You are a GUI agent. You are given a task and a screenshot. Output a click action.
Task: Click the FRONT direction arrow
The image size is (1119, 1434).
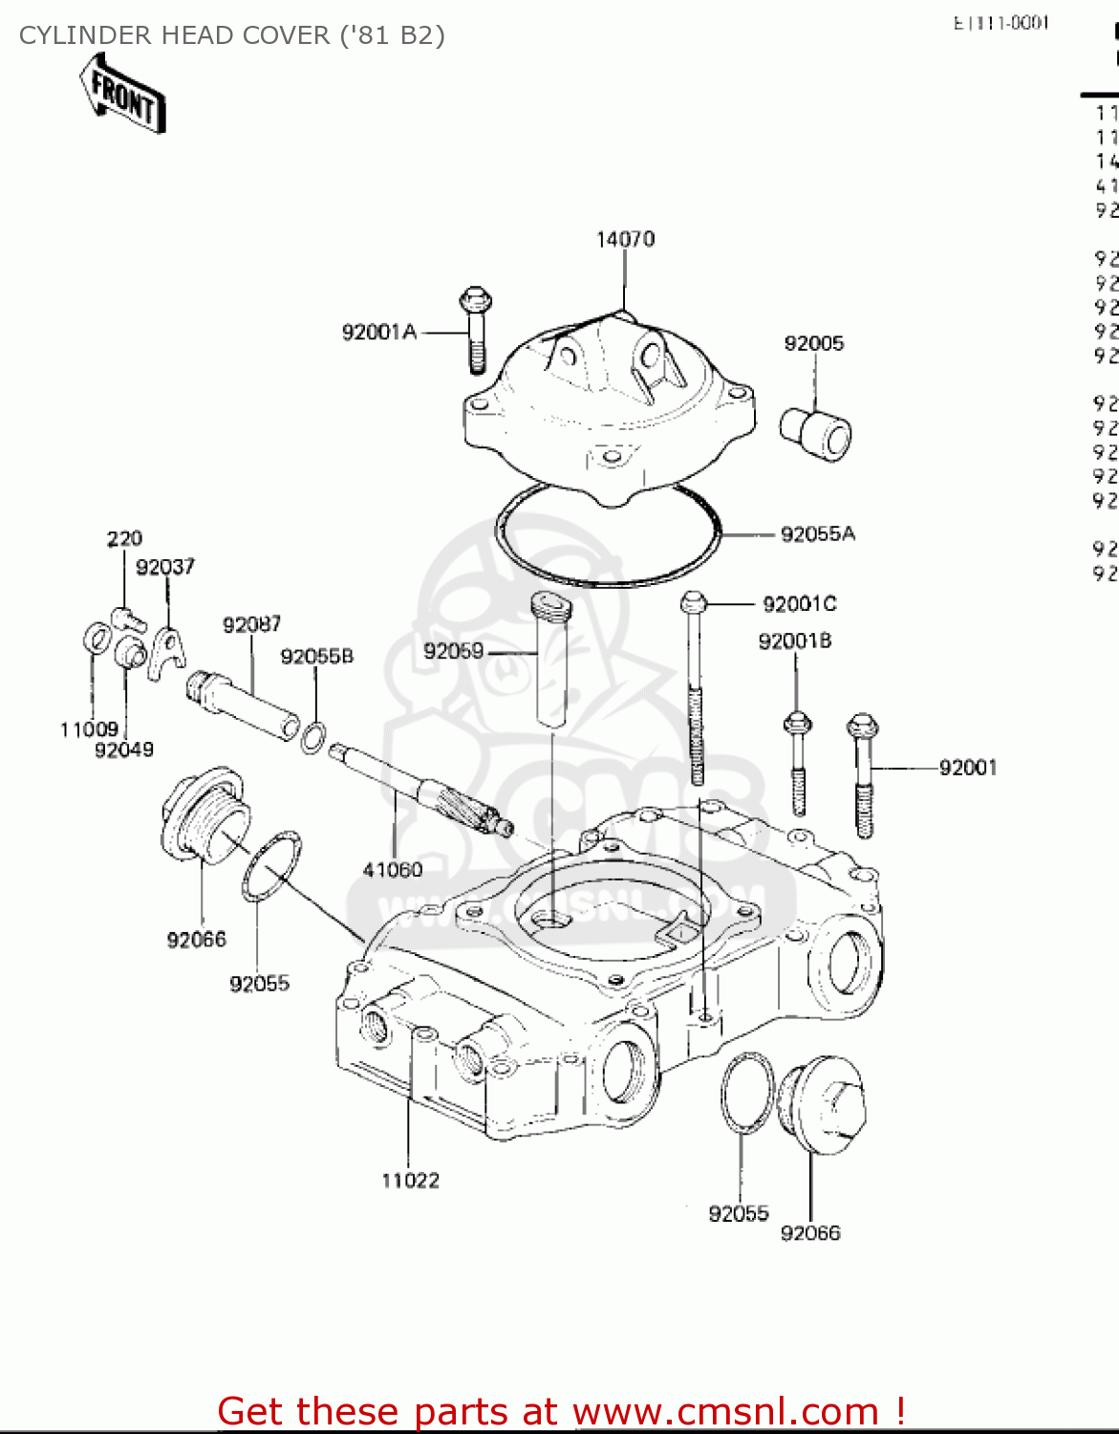click(x=123, y=93)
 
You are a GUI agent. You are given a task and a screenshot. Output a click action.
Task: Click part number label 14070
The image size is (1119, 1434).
click(x=625, y=239)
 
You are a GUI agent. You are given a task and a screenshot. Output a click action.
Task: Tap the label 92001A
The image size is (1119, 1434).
click(x=379, y=332)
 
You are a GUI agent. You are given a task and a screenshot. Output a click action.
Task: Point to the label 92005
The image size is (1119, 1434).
click(x=814, y=343)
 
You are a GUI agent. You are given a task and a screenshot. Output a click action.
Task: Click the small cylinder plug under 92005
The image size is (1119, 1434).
click(x=815, y=434)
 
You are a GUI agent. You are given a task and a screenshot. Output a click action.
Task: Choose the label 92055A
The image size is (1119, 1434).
click(x=818, y=534)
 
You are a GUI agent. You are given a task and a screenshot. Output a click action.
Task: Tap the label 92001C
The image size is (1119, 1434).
click(x=799, y=603)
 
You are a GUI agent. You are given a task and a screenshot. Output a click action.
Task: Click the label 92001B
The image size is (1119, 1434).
click(x=795, y=641)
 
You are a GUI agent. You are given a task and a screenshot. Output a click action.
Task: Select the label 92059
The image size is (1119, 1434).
click(x=453, y=651)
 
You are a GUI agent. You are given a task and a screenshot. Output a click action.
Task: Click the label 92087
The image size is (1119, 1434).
click(x=252, y=624)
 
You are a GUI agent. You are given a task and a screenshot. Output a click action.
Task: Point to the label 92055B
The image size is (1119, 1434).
click(x=316, y=656)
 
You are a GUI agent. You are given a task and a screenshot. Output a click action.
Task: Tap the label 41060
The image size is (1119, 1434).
click(x=393, y=869)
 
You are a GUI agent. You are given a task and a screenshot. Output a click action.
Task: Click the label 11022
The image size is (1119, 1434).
click(x=410, y=1181)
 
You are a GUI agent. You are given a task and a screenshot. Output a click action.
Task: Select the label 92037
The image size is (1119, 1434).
click(x=165, y=567)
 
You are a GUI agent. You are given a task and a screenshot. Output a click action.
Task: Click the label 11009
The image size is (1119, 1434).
click(x=89, y=729)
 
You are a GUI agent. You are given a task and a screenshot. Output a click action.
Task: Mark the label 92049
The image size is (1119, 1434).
click(x=124, y=750)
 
